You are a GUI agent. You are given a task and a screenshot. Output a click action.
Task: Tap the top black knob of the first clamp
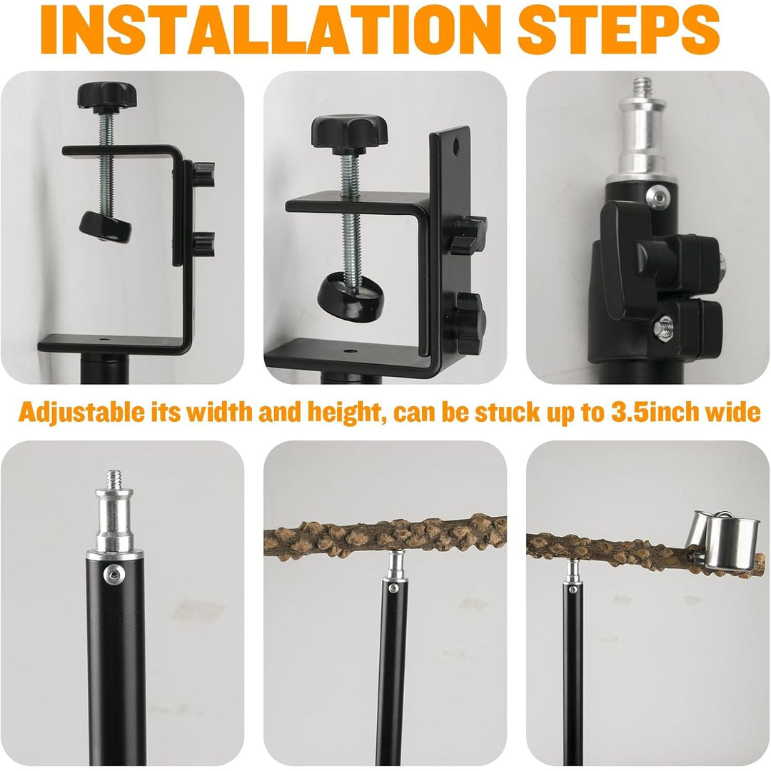(106, 96)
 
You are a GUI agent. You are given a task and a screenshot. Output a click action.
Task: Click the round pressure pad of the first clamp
(105, 227)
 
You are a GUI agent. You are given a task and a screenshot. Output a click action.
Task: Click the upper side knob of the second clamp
(468, 235)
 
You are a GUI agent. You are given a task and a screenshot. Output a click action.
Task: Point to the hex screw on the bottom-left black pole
(114, 575)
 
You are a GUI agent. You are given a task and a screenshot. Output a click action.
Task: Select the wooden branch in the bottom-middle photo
(385, 537)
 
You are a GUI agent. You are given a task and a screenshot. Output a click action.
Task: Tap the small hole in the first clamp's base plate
(104, 339)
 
